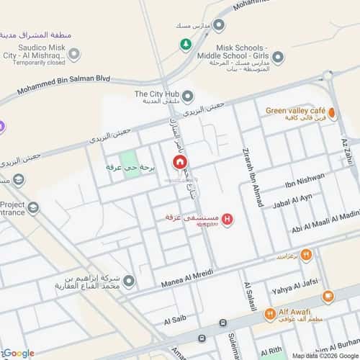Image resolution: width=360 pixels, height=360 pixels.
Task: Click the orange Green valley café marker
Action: pyautogui.click(x=333, y=113)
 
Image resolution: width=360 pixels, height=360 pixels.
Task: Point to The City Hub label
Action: pyautogui.click(x=156, y=94)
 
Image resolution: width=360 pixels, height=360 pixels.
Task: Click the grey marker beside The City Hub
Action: pyautogui.click(x=188, y=96)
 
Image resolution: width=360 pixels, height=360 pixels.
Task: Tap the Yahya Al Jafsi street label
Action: pyautogui.click(x=292, y=291)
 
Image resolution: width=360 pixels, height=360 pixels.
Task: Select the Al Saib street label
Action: pyautogui.click(x=175, y=319)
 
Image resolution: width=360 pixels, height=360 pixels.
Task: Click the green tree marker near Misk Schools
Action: pyautogui.click(x=186, y=45)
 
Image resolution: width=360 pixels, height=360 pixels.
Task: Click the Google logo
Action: pyautogui.click(x=19, y=353)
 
